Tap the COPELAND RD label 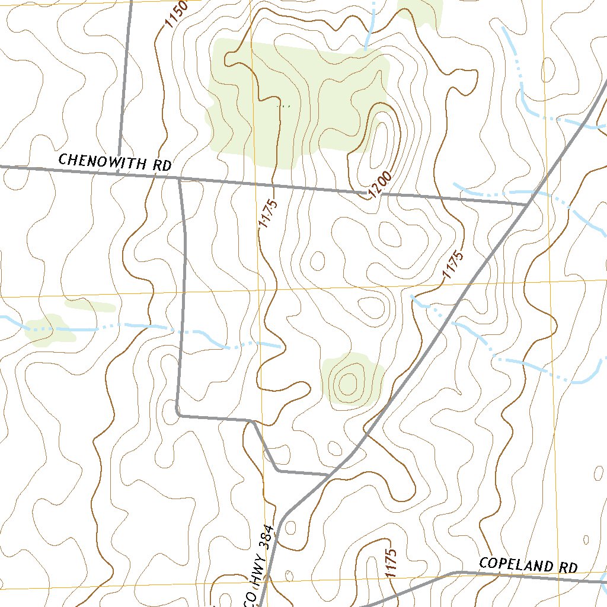528,565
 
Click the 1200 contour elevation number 379,185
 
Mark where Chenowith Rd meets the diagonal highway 528,205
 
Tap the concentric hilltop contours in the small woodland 348,382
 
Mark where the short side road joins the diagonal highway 329,474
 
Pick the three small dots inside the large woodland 285,106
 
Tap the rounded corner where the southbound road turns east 178,413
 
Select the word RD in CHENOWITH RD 162,165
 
